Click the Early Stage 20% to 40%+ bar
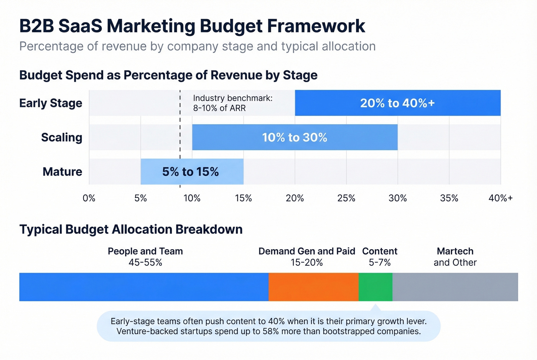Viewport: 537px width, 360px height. point(397,103)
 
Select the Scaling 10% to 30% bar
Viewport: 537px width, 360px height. point(295,137)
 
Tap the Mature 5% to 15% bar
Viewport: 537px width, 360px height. point(192,171)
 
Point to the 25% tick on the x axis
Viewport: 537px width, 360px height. point(346,198)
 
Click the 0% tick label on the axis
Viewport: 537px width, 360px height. point(89,198)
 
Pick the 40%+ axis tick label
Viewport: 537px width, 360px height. point(500,198)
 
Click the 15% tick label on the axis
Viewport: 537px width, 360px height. point(243,198)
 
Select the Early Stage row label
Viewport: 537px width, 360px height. point(51,103)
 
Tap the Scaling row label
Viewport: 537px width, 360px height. point(61,137)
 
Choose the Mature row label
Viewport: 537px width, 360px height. point(62,171)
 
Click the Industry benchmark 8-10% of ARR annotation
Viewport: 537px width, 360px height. point(232,103)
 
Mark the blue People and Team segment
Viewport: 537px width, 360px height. point(144,287)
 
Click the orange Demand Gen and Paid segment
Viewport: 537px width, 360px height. point(313,287)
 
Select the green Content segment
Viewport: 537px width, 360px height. point(375,287)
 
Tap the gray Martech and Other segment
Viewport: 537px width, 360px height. point(455,287)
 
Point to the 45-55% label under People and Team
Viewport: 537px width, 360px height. point(145,263)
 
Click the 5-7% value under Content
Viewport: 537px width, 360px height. point(380,263)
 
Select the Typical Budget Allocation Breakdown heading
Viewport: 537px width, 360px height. point(131,229)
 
